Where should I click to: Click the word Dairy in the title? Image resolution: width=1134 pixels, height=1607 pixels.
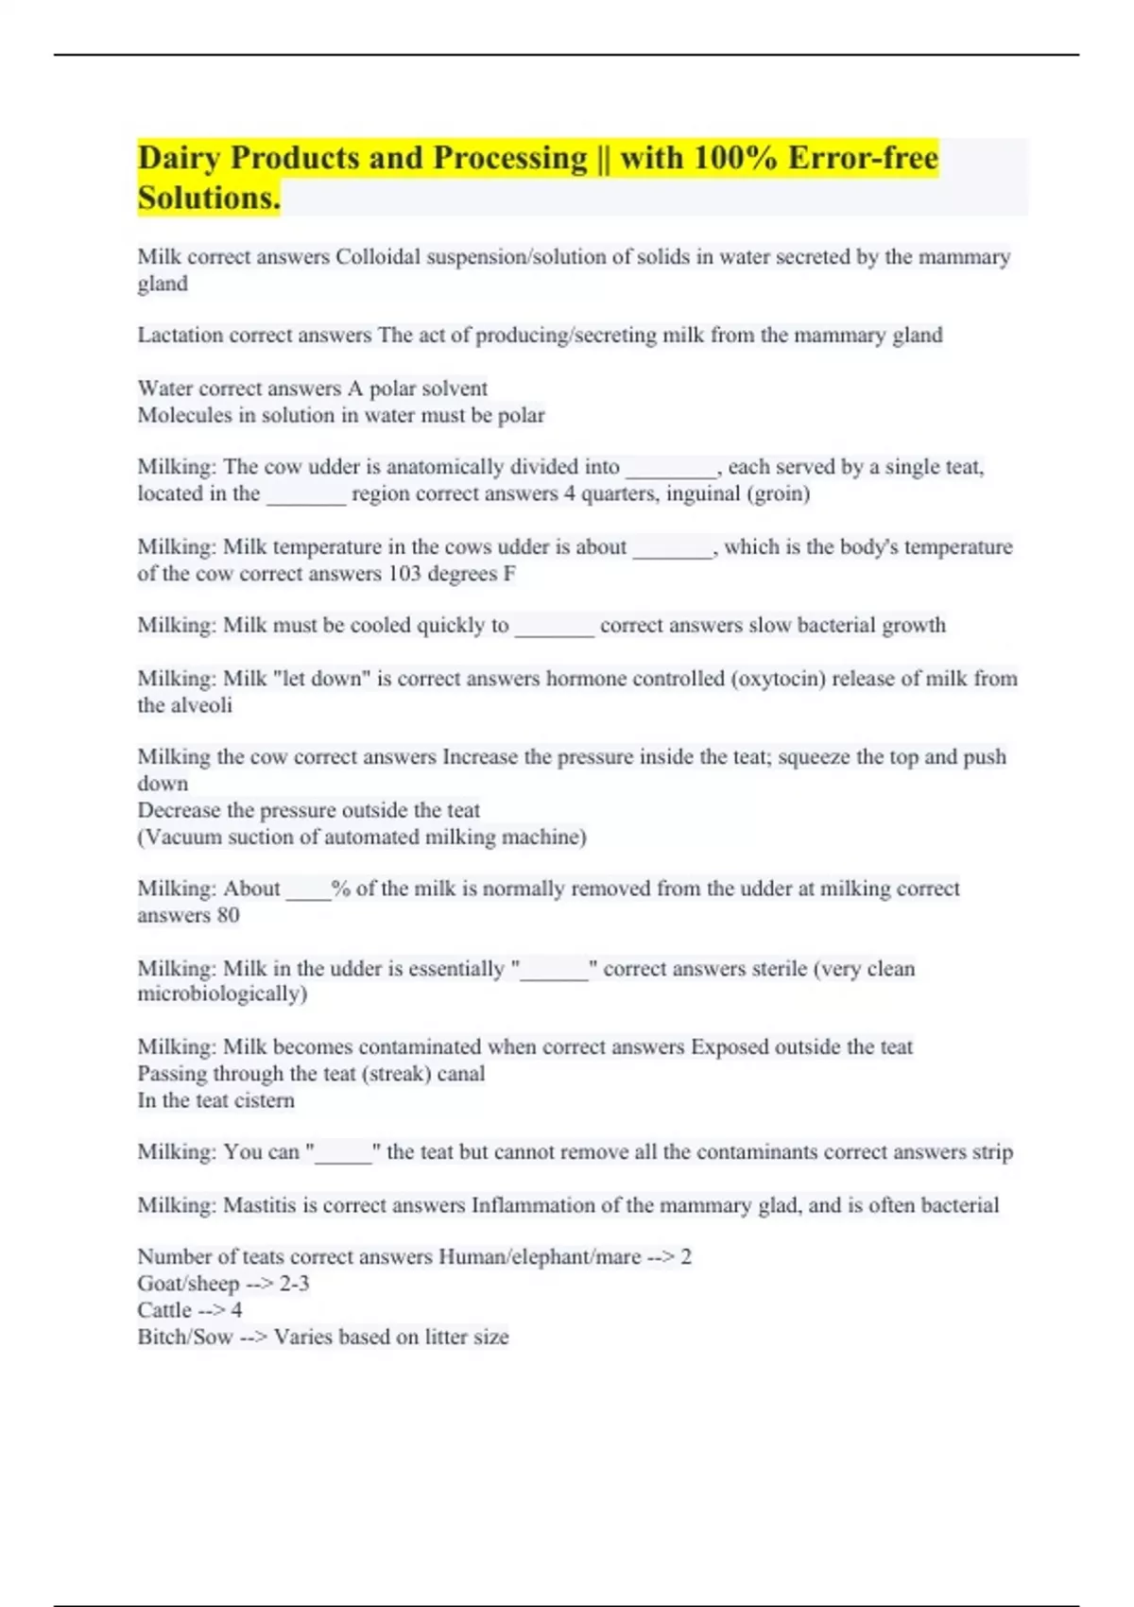click(x=180, y=158)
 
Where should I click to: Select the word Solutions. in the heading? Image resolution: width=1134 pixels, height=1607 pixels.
click(x=209, y=198)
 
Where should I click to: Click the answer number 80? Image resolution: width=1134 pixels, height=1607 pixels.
click(x=228, y=915)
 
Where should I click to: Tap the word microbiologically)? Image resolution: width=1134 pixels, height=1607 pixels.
click(x=223, y=994)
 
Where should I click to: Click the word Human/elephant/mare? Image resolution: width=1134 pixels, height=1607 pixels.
click(x=540, y=1257)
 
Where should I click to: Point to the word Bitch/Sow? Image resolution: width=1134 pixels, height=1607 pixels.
click(x=184, y=1337)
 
